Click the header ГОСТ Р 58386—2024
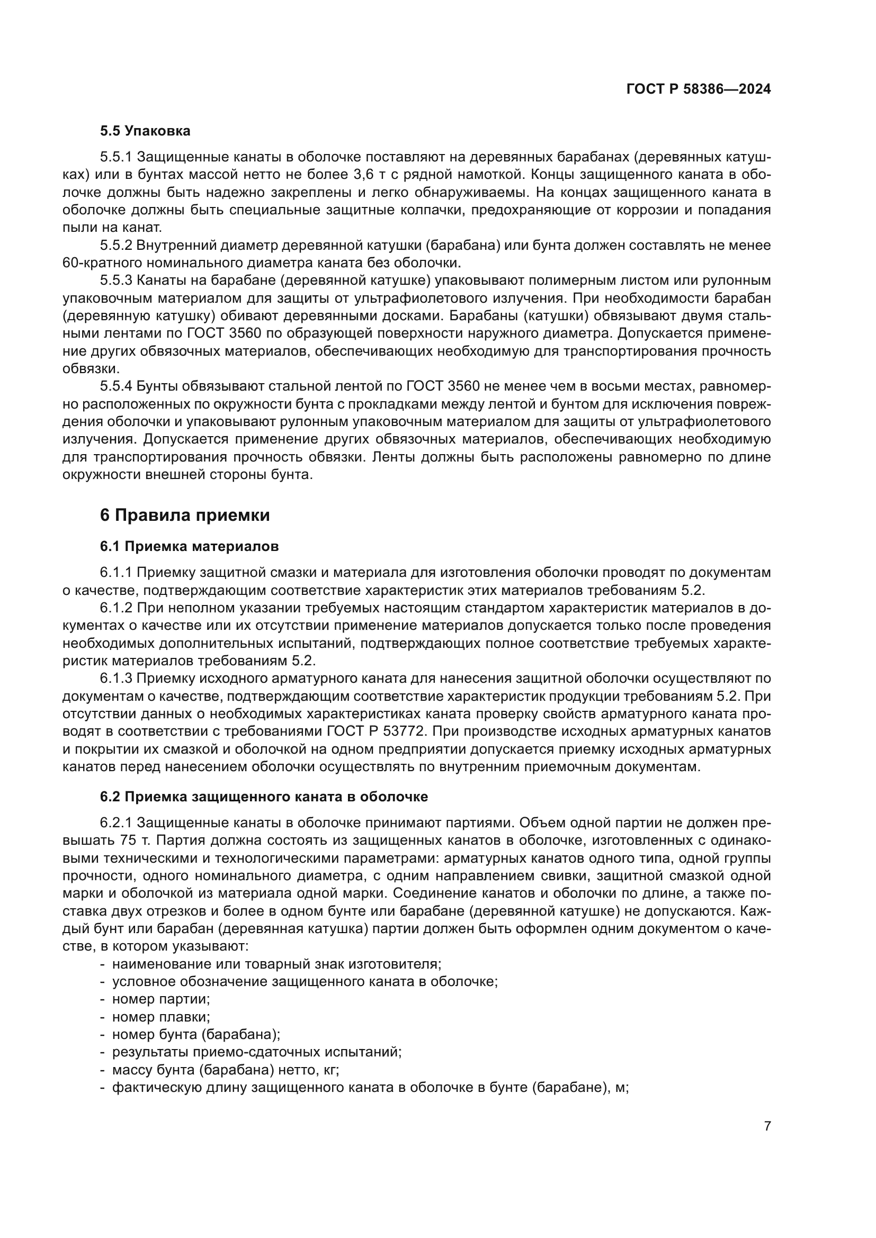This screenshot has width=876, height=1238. (x=698, y=89)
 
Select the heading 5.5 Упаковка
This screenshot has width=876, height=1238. (x=145, y=131)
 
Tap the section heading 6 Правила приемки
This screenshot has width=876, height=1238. (x=185, y=516)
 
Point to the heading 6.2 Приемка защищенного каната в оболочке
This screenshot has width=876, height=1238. (x=264, y=797)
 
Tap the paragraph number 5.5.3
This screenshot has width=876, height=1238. (x=116, y=281)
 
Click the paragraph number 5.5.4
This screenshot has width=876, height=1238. (x=116, y=386)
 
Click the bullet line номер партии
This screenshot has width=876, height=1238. (x=161, y=999)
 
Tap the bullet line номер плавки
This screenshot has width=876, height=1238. (x=161, y=1016)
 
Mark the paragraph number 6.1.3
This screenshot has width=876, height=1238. (x=116, y=679)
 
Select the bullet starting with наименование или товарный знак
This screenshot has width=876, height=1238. (x=276, y=963)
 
